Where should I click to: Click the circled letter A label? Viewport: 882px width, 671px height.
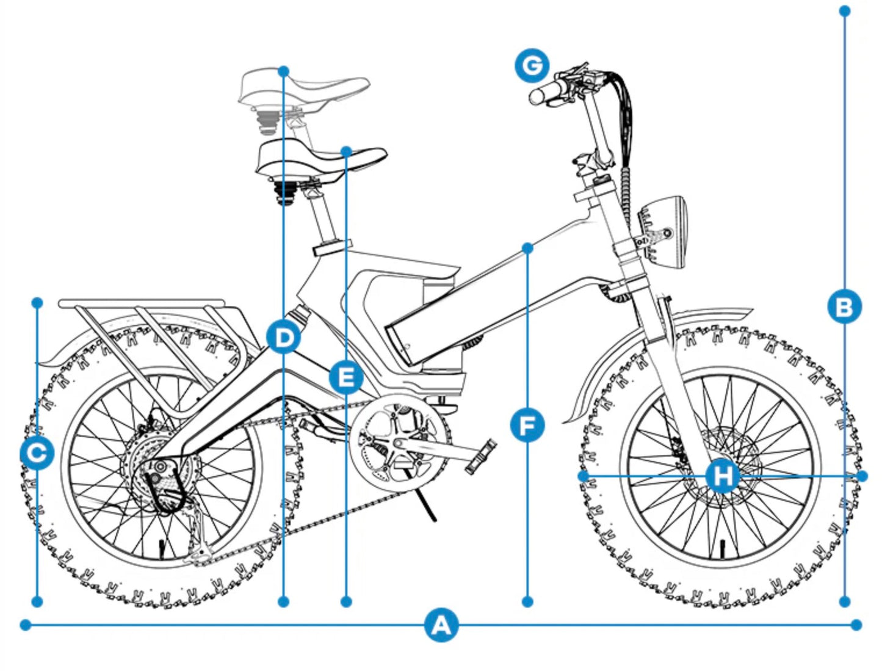click(441, 625)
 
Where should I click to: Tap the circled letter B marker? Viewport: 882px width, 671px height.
click(844, 306)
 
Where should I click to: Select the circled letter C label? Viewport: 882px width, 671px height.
click(37, 453)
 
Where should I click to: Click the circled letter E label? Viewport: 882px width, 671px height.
click(346, 377)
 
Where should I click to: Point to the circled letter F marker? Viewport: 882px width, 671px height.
click(527, 425)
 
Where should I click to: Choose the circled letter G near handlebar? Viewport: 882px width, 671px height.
click(532, 65)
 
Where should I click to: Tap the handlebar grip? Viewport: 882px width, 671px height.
click(547, 93)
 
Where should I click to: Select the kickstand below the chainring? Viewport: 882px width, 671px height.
click(427, 506)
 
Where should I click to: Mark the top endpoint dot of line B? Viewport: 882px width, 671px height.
click(844, 11)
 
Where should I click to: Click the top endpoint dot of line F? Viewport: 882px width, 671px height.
click(528, 248)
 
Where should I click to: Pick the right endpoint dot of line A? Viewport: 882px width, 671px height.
click(856, 625)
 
